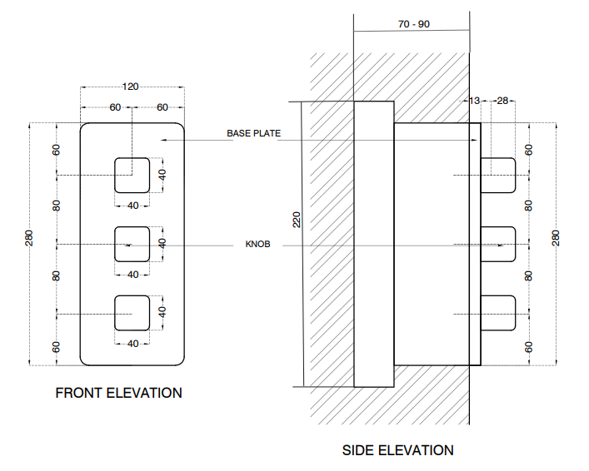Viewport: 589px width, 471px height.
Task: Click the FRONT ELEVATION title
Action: (x=118, y=393)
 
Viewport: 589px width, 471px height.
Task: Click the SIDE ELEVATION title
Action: (x=398, y=450)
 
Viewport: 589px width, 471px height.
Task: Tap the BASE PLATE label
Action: (x=253, y=133)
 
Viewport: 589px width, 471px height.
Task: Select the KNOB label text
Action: (x=258, y=245)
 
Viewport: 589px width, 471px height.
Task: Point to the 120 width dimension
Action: (x=131, y=87)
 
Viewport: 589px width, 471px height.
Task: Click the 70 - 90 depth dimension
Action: (x=414, y=24)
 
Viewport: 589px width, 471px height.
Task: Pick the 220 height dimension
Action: (x=297, y=220)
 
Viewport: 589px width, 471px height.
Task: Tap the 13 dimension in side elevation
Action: (x=475, y=101)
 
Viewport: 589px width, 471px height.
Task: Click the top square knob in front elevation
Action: (x=132, y=175)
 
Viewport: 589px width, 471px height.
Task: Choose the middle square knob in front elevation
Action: (x=132, y=244)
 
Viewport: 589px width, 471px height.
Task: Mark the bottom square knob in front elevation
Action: (x=132, y=313)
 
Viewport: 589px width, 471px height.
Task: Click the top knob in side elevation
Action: (x=498, y=175)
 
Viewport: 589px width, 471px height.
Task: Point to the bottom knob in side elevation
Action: (x=498, y=313)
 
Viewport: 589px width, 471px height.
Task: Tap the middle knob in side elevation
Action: (x=498, y=244)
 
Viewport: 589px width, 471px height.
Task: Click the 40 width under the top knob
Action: (x=132, y=205)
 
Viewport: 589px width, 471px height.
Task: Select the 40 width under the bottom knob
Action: (x=132, y=343)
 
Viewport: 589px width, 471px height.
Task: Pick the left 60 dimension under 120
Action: (x=114, y=107)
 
